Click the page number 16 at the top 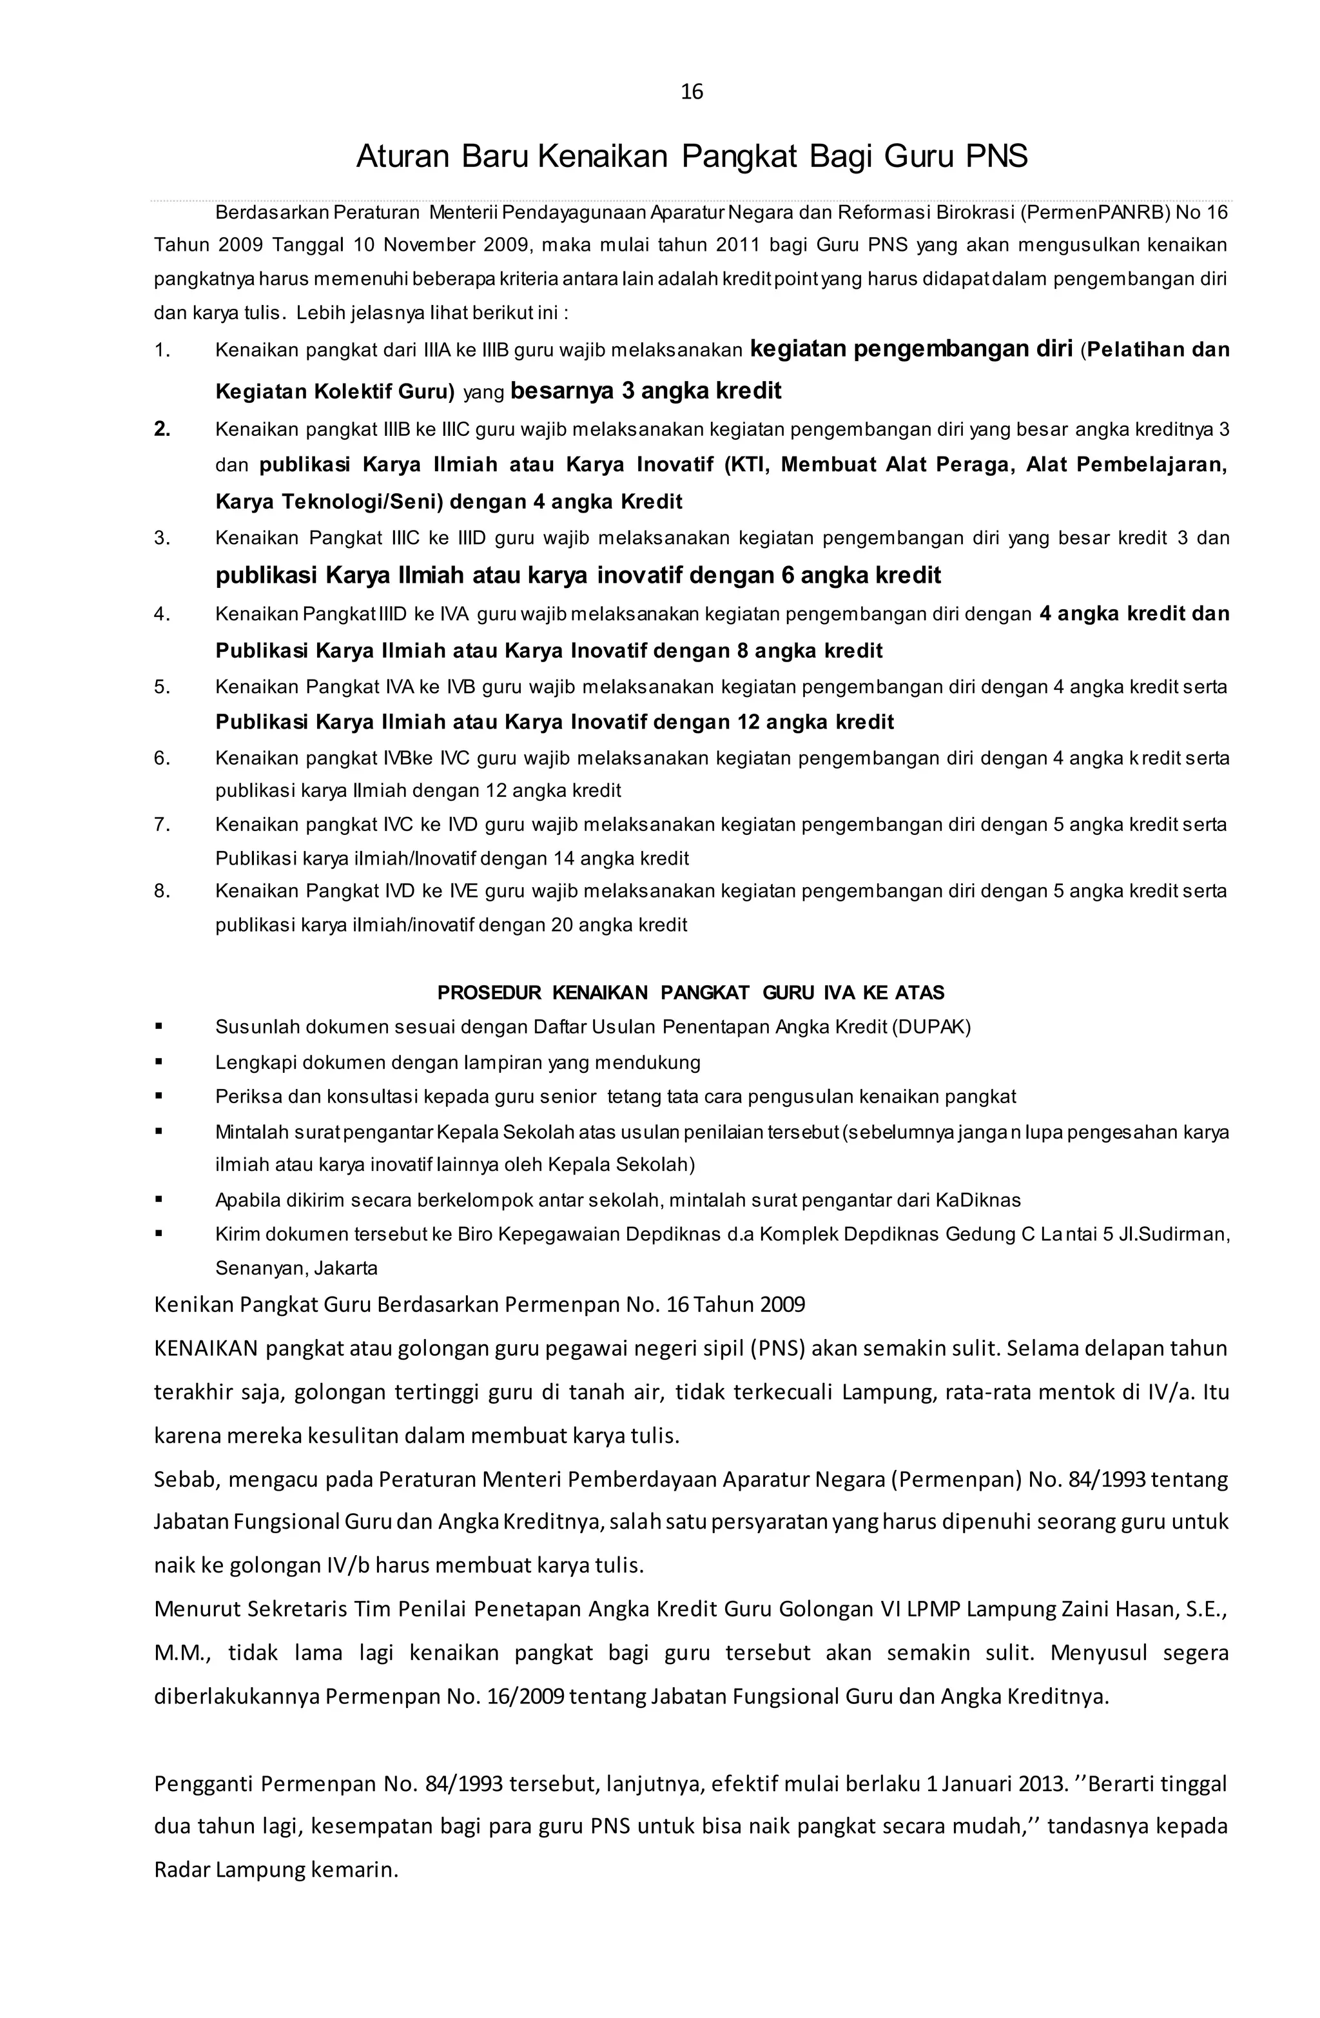click(x=692, y=92)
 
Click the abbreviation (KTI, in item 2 click(x=746, y=465)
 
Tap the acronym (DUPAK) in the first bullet click(x=931, y=1028)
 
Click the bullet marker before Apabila click(x=159, y=1199)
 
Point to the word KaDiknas click(x=978, y=1200)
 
